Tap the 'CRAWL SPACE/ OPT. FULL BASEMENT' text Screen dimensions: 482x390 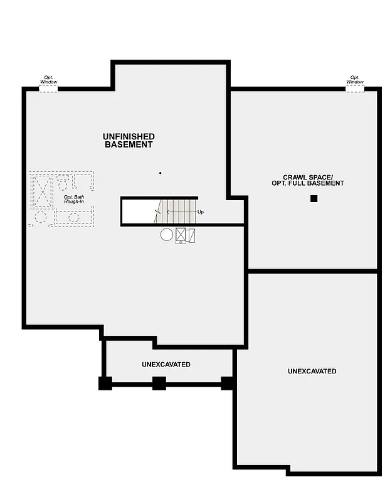pyautogui.click(x=314, y=180)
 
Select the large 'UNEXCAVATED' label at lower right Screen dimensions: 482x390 pyautogui.click(x=312, y=372)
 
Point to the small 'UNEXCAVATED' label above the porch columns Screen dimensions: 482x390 pyautogui.click(x=166, y=365)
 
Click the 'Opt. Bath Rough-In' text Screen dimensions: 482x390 pyautogui.click(x=74, y=200)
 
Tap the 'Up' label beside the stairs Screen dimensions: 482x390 pyautogui.click(x=201, y=212)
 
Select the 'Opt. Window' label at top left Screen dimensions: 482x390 pyautogui.click(x=48, y=80)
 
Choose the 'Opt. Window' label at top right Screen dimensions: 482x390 pyautogui.click(x=355, y=80)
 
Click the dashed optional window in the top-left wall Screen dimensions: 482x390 pyautogui.click(x=48, y=89)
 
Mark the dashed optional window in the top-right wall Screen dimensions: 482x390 pyautogui.click(x=355, y=89)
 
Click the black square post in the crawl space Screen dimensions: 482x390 pyautogui.click(x=314, y=199)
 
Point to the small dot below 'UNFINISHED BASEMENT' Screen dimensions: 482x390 pyautogui.click(x=160, y=173)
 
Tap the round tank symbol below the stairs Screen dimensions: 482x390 pyautogui.click(x=166, y=235)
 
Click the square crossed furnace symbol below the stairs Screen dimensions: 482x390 pyautogui.click(x=181, y=235)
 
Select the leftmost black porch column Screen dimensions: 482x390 pyautogui.click(x=105, y=383)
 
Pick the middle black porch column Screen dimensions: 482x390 pyautogui.click(x=159, y=383)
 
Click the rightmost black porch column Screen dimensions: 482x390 pyautogui.click(x=228, y=382)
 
